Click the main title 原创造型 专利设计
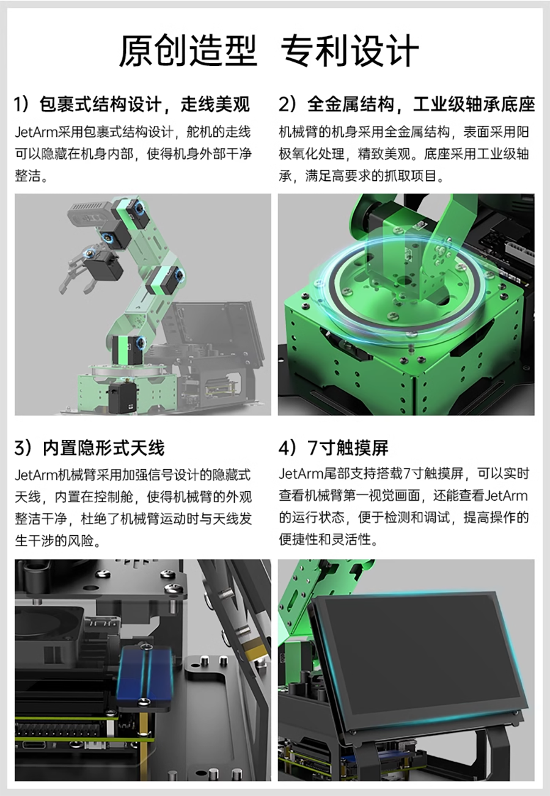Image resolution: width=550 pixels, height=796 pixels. pos(269,51)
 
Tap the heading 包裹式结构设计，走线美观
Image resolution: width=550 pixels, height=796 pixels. pos(132,104)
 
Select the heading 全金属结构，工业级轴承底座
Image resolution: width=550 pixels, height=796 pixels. pos(407,104)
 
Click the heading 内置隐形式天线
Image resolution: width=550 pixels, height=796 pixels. pos(90,448)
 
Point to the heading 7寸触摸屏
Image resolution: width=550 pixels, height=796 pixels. pos(334,448)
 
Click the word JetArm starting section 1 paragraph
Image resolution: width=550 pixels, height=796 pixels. pos(36,133)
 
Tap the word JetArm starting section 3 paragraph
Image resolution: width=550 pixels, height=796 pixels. pos(36,475)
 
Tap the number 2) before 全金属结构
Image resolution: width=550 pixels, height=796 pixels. pos(287,104)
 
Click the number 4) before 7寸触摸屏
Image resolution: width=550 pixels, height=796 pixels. pos(287,448)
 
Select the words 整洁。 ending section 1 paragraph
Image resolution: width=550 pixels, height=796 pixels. pos(31,176)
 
